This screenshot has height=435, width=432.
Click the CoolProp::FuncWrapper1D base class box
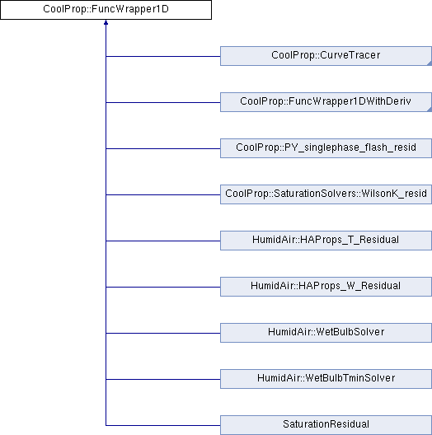click(106, 10)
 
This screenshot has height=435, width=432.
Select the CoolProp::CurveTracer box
click(326, 56)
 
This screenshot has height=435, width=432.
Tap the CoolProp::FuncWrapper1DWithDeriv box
click(326, 102)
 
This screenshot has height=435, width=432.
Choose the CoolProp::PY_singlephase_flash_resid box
click(326, 148)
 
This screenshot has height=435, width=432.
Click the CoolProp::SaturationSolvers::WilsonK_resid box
click(326, 194)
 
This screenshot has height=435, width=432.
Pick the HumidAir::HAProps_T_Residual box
click(326, 241)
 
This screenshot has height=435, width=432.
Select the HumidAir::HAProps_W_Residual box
click(326, 287)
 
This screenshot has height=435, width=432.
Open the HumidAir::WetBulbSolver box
click(326, 333)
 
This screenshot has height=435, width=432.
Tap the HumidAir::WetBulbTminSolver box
click(326, 379)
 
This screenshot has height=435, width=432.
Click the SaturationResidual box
click(326, 425)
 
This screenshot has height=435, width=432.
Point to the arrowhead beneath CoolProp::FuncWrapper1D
click(106, 22)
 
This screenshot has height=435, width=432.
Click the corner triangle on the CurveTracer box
click(430, 63)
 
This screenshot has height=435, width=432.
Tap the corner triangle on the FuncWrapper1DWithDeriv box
click(430, 110)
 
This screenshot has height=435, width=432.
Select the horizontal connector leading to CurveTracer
click(163, 56)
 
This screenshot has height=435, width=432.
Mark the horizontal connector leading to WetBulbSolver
click(163, 333)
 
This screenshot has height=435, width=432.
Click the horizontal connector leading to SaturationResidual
click(163, 425)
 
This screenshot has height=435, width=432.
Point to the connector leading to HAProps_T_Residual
click(163, 241)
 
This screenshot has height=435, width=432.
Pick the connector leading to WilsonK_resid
click(163, 194)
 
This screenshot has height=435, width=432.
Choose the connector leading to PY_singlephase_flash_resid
click(163, 148)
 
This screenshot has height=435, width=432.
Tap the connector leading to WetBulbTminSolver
click(163, 379)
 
